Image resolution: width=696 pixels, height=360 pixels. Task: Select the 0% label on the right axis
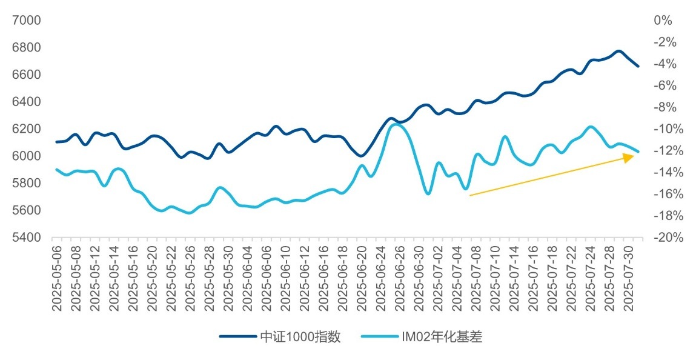663,21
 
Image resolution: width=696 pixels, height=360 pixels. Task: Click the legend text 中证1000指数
300,337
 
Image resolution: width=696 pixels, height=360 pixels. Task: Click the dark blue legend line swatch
237,337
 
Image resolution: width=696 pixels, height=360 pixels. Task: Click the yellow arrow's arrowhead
629,157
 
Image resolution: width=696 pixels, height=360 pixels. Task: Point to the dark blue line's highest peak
618,51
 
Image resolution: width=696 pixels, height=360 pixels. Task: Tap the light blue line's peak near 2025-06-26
397,124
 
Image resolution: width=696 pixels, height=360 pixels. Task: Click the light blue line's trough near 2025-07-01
428,194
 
